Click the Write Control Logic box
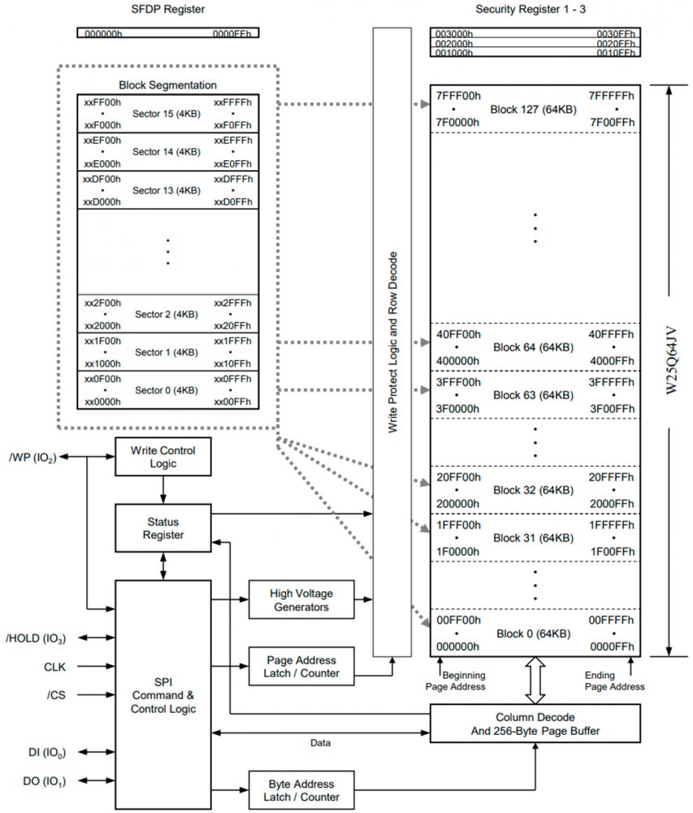click(163, 457)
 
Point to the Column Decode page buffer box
click(535, 724)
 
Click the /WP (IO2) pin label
click(32, 457)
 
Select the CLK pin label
click(54, 667)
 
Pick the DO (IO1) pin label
click(44, 782)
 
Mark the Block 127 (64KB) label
click(533, 109)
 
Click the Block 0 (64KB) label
click(533, 633)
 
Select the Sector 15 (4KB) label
click(166, 115)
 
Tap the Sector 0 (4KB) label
click(166, 390)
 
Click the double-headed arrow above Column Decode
click(535, 680)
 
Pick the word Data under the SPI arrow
click(320, 742)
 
